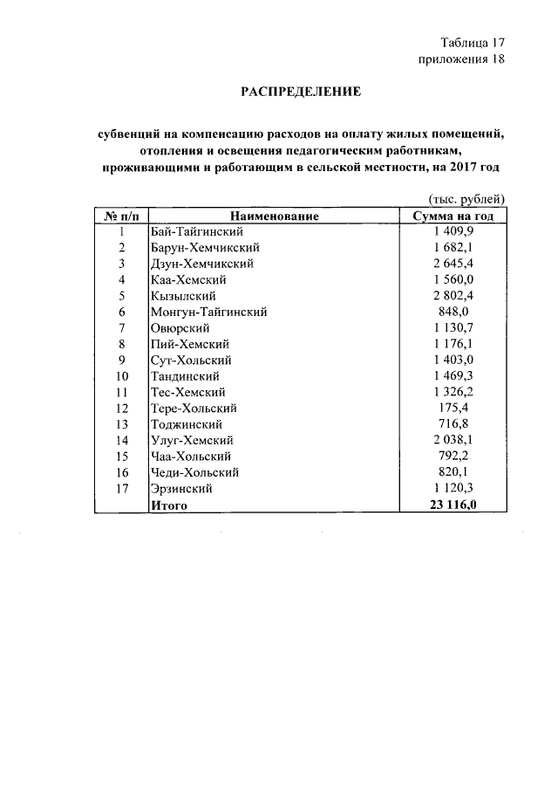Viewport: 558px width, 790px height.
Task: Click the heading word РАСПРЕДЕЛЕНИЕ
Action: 300,91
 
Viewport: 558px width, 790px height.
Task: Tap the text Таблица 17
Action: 473,42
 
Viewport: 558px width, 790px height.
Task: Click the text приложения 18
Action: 461,59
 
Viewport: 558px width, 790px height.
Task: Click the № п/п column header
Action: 122,216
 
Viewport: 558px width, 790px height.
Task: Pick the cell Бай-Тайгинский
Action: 196,231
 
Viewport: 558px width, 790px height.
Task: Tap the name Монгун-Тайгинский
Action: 208,312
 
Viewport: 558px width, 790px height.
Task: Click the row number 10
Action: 122,376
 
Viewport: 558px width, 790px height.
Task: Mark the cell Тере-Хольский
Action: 194,409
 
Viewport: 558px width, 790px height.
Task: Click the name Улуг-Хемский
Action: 192,441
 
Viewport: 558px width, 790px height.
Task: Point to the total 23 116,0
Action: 453,505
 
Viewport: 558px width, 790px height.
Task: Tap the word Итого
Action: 169,505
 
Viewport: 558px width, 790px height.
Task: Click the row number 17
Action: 122,489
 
